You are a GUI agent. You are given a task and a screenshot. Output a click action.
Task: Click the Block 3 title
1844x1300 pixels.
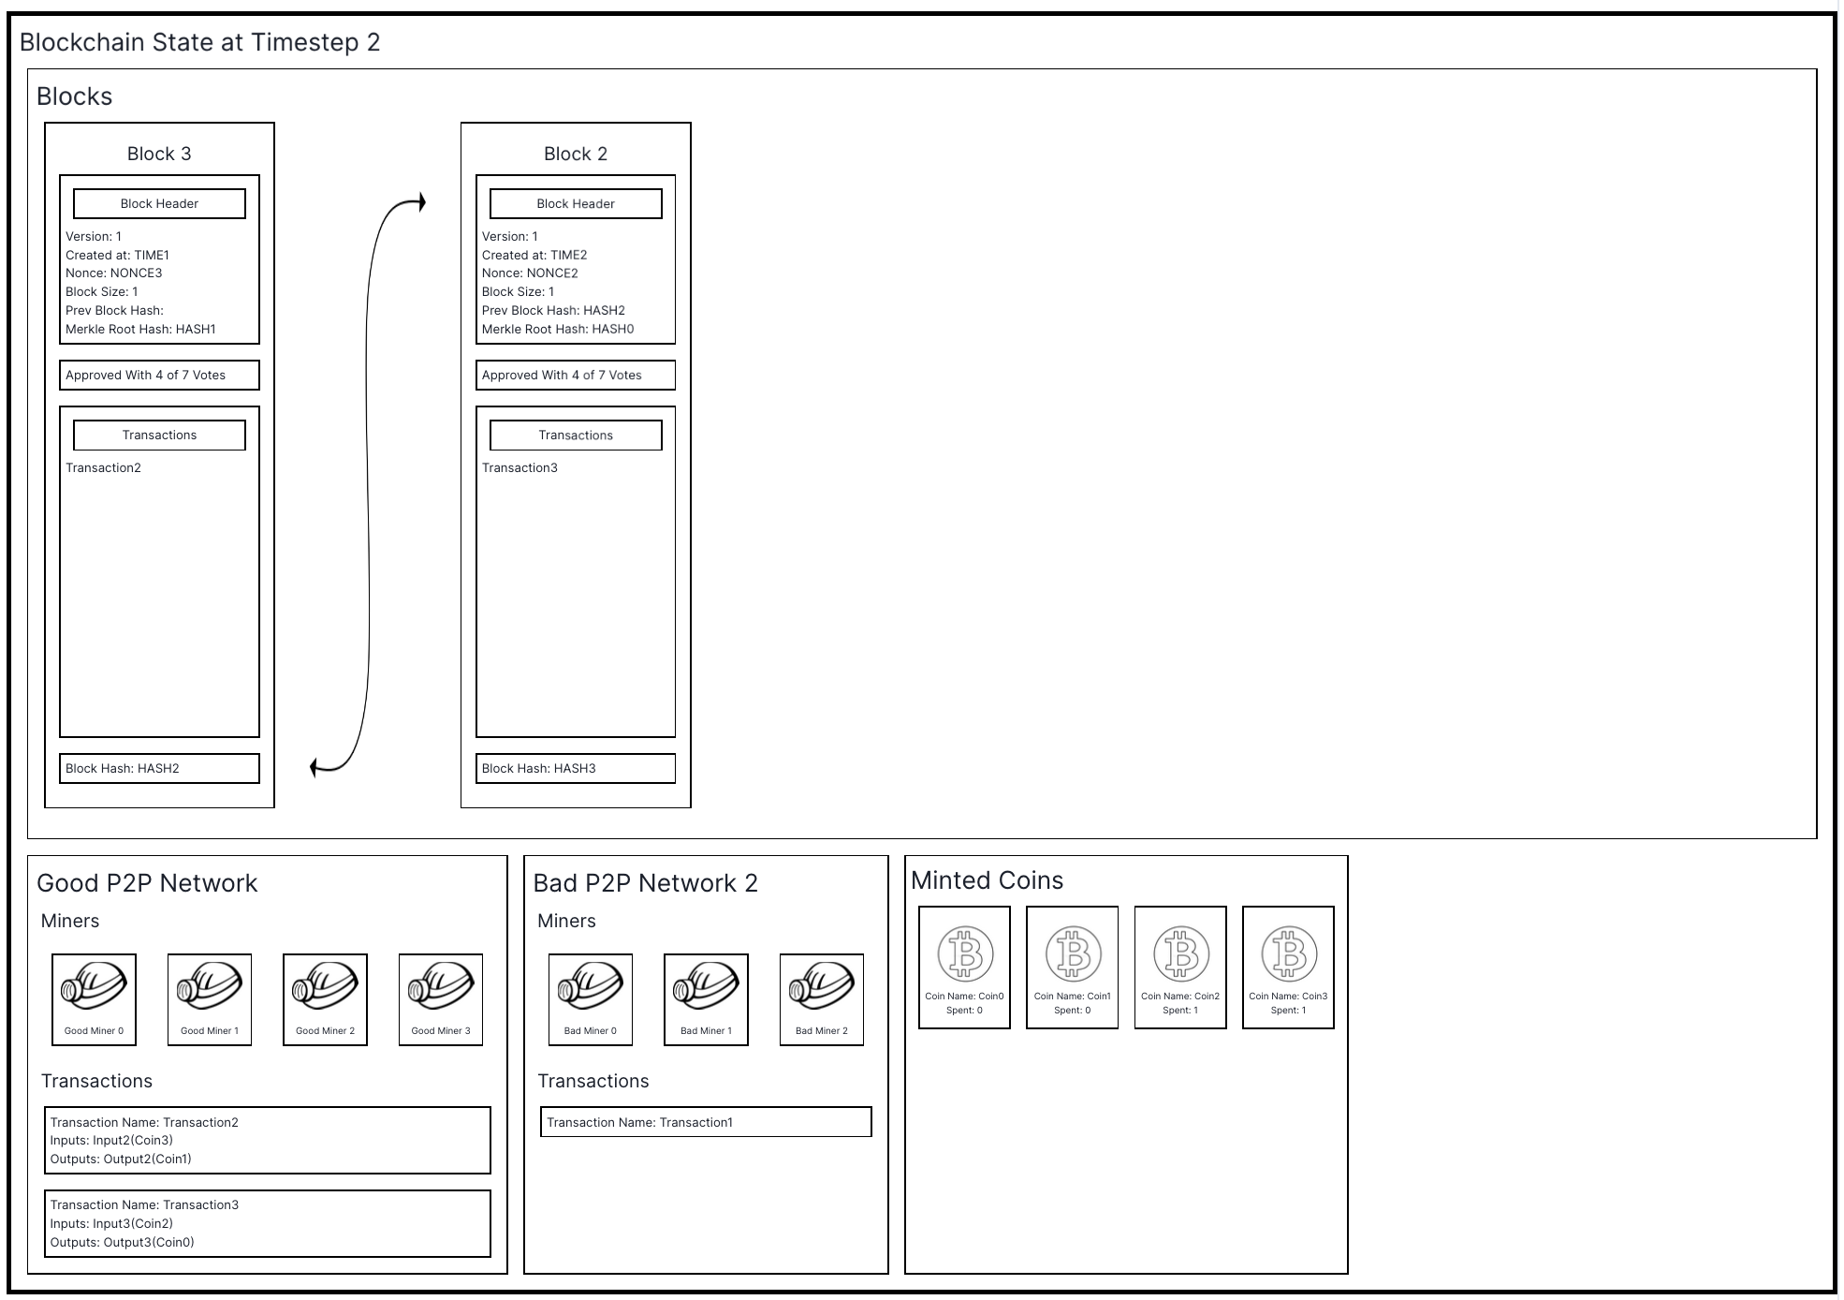point(159,154)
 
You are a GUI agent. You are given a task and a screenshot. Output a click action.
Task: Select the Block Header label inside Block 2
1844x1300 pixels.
point(576,203)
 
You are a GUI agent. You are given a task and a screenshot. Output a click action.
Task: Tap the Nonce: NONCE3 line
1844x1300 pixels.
point(113,273)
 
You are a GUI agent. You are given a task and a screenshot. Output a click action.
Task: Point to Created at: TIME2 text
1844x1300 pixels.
point(534,255)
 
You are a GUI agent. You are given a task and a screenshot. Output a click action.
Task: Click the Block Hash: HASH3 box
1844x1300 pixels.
point(576,768)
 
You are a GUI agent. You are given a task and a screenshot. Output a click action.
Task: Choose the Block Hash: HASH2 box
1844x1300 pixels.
point(159,768)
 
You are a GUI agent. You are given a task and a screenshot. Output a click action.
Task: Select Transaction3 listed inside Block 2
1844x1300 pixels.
point(520,467)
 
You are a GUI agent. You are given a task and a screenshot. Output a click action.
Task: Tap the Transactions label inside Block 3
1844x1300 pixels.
point(159,435)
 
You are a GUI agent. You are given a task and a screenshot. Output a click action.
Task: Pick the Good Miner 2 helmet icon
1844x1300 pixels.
point(325,987)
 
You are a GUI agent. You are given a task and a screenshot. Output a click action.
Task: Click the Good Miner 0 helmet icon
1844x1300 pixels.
point(94,987)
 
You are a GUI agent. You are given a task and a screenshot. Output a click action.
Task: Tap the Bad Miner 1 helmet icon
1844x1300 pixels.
point(706,987)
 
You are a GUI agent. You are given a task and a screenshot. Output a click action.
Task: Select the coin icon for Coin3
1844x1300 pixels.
point(1288,953)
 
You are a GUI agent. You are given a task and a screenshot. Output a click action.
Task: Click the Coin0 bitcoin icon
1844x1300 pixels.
point(964,953)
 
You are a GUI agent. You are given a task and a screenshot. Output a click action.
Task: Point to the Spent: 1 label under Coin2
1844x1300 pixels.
point(1180,1011)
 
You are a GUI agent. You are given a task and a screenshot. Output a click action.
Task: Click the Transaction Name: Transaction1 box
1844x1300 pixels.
point(706,1122)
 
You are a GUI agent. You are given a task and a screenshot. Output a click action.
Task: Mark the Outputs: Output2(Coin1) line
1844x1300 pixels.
point(121,1159)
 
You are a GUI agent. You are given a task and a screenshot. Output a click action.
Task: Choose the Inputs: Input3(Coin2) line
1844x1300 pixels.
point(111,1223)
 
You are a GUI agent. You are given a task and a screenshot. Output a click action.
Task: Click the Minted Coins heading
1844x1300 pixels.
point(987,880)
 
